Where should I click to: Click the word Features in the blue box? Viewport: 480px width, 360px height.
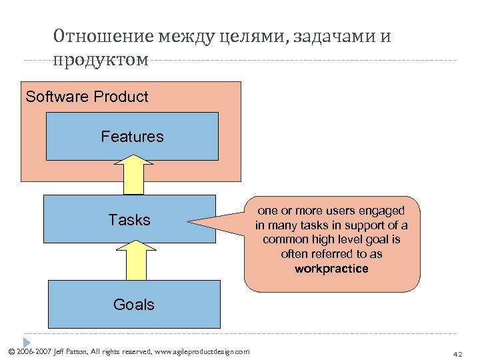pos(132,137)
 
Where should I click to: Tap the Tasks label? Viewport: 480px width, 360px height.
pos(129,220)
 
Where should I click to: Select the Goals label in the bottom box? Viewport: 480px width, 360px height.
pos(133,305)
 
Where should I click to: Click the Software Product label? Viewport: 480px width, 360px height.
pos(87,97)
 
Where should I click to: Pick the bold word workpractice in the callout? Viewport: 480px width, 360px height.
pos(331,269)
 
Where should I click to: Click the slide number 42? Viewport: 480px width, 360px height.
pos(457,353)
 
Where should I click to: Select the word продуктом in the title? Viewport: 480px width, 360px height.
pos(101,60)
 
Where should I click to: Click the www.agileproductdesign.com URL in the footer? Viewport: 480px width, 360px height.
pos(201,351)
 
